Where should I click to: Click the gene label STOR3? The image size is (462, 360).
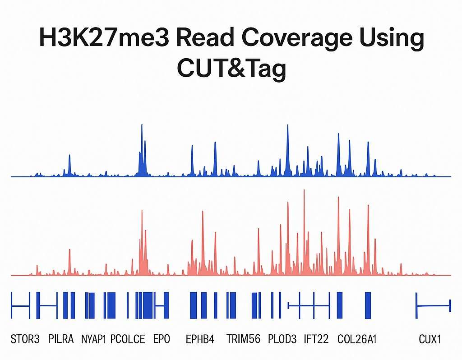click(x=25, y=339)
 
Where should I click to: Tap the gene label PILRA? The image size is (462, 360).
click(x=60, y=339)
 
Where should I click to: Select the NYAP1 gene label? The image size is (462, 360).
click(x=93, y=339)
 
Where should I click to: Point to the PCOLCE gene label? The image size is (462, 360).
click(x=128, y=339)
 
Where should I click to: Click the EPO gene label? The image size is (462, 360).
click(x=162, y=339)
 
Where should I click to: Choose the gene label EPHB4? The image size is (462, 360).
click(x=200, y=339)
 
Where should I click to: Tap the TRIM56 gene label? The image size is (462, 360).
click(x=243, y=339)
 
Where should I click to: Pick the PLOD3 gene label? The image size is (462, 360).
click(x=282, y=339)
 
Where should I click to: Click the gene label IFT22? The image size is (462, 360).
click(x=316, y=339)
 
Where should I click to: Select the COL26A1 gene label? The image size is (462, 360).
click(x=357, y=339)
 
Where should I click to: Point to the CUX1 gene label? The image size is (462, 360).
click(x=430, y=339)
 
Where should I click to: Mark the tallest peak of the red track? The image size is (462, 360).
click(x=304, y=190)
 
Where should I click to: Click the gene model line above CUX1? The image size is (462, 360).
click(x=433, y=306)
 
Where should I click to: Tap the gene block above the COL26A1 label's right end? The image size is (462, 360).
click(x=368, y=305)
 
